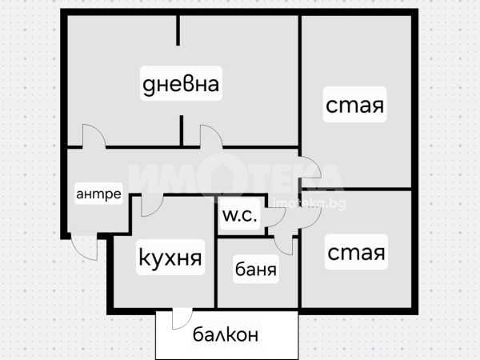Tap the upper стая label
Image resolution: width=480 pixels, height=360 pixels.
tap(355, 106)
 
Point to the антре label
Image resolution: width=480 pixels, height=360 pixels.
tap(98, 194)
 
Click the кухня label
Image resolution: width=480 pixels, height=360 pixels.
tap(170, 258)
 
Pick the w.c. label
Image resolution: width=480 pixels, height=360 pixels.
tap(239, 215)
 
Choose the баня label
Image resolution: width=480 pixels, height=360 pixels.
tap(256, 270)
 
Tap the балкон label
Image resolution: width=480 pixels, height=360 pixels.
tap(226, 334)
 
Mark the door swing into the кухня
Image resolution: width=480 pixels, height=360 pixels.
tap(150, 206)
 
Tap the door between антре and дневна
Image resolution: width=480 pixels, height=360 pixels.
tap(93, 135)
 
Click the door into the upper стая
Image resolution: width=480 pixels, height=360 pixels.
tap(310, 169)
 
